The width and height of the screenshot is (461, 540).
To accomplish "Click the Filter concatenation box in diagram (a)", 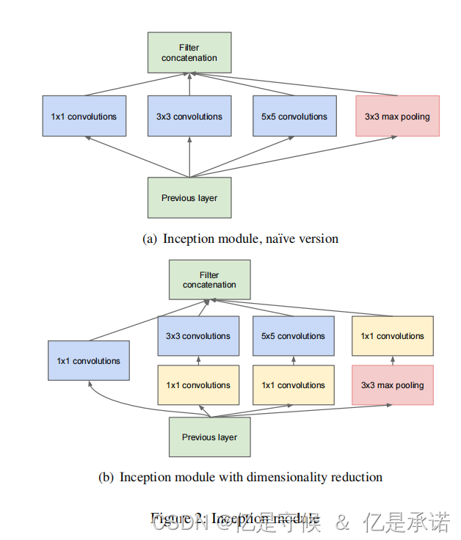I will click(x=189, y=52).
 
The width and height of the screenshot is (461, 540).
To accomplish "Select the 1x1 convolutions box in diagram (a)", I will click(x=84, y=116).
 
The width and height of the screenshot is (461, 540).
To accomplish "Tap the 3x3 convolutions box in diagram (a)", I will click(x=189, y=116).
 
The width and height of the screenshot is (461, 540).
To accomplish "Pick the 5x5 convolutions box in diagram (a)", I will click(x=294, y=116).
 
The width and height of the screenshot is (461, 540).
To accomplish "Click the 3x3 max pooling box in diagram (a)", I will click(x=397, y=116).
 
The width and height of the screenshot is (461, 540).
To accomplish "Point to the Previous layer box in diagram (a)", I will click(x=189, y=197).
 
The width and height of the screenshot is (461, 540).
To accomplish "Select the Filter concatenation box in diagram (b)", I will click(x=209, y=280).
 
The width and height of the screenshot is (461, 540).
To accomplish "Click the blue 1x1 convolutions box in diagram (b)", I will click(x=89, y=360).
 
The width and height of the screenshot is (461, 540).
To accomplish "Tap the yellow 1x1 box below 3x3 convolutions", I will click(x=198, y=385).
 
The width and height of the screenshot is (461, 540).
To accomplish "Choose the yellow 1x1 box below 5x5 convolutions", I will click(x=293, y=385).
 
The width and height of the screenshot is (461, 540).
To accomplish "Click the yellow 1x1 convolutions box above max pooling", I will click(x=392, y=336).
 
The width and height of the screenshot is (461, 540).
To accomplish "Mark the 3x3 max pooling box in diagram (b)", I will click(x=392, y=385).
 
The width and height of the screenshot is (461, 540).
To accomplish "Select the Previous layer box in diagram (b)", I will click(x=209, y=437).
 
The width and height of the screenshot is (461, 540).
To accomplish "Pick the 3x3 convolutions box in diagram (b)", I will click(x=198, y=336).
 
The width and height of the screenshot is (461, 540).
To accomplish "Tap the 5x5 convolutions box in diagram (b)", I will click(x=293, y=336).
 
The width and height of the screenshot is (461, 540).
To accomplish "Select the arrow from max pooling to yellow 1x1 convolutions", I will click(x=392, y=360).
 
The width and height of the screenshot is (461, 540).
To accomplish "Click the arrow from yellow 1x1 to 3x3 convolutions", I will click(x=198, y=360).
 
